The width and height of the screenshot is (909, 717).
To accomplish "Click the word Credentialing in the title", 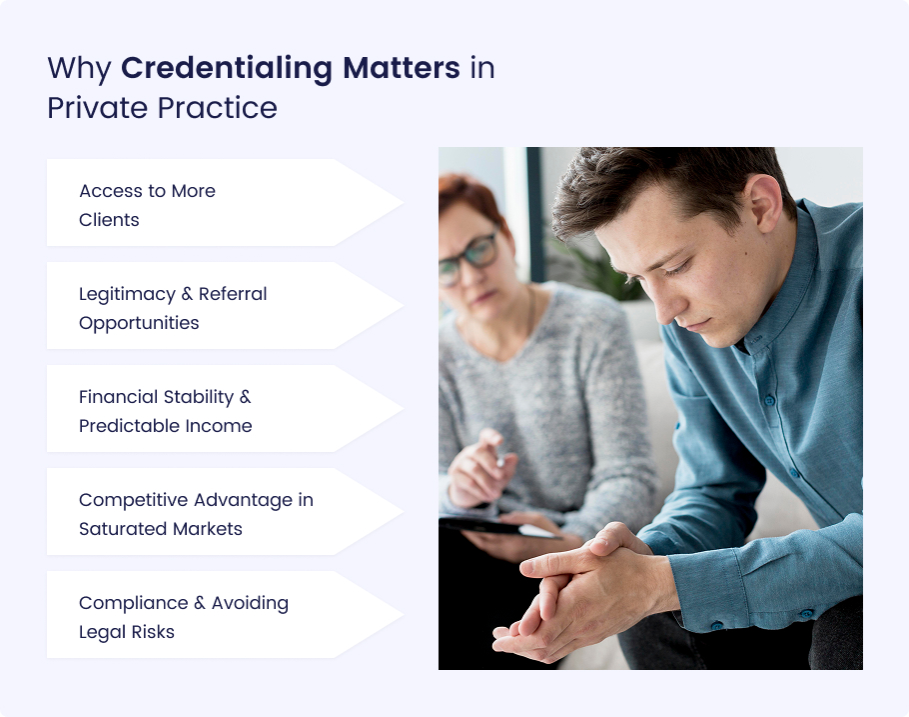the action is tap(226, 69).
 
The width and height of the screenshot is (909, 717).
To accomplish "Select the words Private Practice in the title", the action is tap(162, 108).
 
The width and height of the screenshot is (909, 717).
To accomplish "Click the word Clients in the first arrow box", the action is tap(109, 220).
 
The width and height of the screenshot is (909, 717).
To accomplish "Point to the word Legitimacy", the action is tap(127, 294).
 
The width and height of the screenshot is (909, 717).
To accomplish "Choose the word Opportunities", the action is tap(139, 323).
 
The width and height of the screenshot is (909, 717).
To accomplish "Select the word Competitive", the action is tap(133, 500).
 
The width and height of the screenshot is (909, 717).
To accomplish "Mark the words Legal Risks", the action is tap(127, 632).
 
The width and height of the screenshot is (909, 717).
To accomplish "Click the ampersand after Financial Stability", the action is tap(245, 397).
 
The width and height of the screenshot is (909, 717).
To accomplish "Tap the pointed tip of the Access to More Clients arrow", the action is tap(403, 203).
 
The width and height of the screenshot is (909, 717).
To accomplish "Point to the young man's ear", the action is tap(765, 204).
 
